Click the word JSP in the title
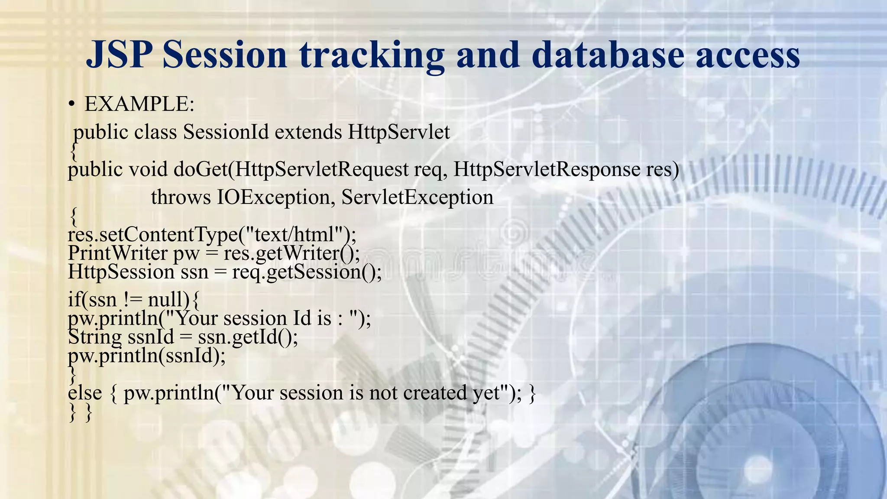[119, 55]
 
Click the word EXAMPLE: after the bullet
[139, 104]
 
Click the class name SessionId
[226, 132]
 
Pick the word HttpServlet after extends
[399, 132]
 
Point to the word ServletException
[417, 197]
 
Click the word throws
[181, 197]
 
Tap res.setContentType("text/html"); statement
[212, 234]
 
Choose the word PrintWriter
[117, 253]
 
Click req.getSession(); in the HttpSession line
[307, 272]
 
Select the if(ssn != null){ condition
[133, 299]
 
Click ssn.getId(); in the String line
[248, 337]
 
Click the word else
[85, 393]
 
